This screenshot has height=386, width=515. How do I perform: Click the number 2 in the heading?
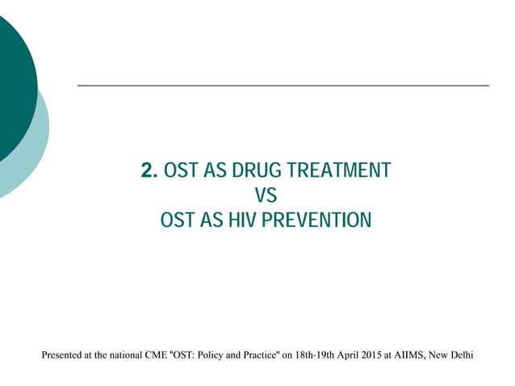[x=147, y=171]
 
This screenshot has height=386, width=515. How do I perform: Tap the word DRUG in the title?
[x=254, y=171]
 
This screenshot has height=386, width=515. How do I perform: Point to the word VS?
[x=265, y=195]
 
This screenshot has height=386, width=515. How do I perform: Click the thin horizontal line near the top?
[x=283, y=85]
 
